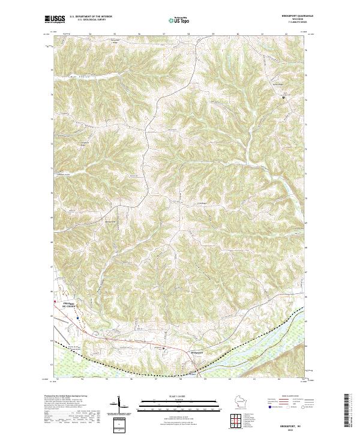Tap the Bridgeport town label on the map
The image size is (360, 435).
coord(198,352)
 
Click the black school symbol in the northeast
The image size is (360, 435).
coord(283,97)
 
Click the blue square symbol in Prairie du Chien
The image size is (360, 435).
coord(77,319)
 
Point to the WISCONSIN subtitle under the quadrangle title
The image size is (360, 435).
coord(290,19)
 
